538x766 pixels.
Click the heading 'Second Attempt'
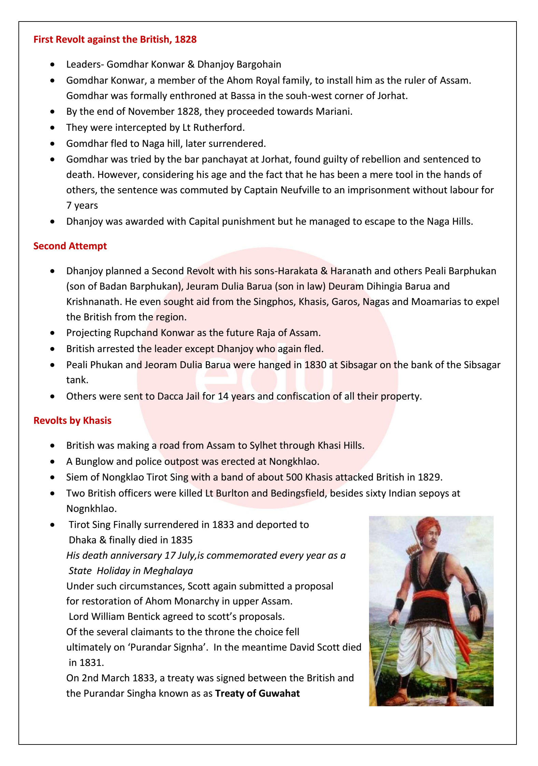tap(70, 246)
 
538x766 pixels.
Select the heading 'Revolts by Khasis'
tap(72, 420)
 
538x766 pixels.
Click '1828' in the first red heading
tap(185, 40)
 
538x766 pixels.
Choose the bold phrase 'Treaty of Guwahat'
tap(257, 693)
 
